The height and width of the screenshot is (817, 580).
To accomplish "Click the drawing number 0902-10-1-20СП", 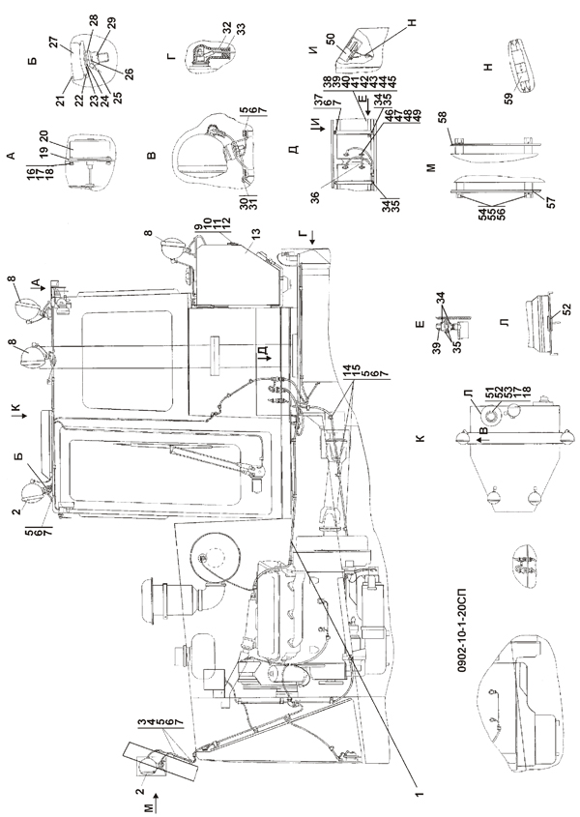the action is pos(463,630).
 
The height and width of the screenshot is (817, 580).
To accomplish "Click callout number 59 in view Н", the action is pos(509,98).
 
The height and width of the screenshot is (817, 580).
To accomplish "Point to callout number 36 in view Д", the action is pos(315,197).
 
